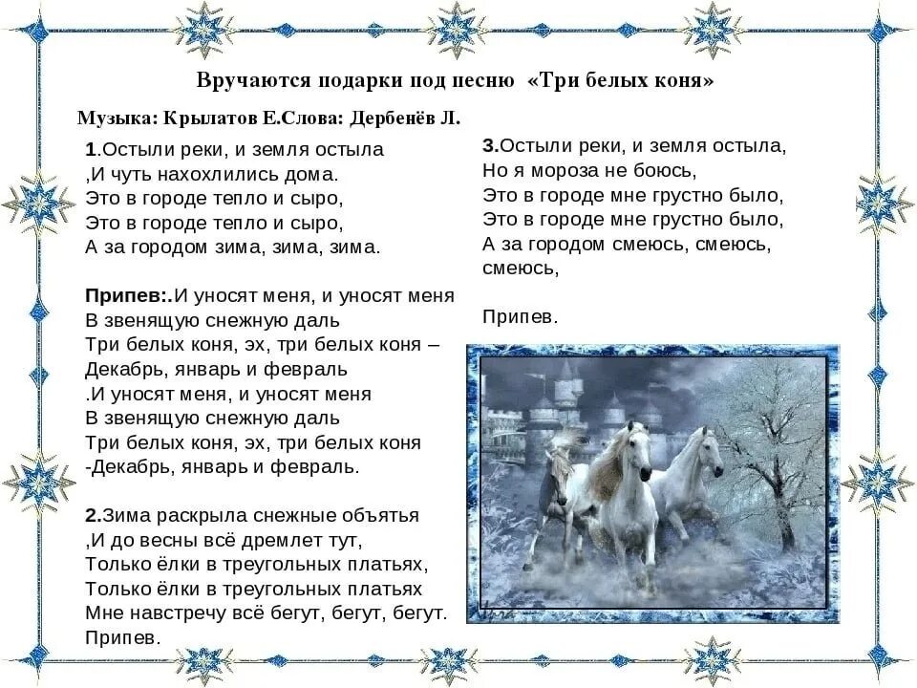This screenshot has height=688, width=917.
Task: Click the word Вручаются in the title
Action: click(x=253, y=80)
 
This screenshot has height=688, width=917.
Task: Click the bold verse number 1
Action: click(x=90, y=150)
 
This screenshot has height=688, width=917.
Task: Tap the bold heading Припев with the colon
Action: click(x=126, y=296)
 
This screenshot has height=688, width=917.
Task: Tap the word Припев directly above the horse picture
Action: click(x=520, y=317)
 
